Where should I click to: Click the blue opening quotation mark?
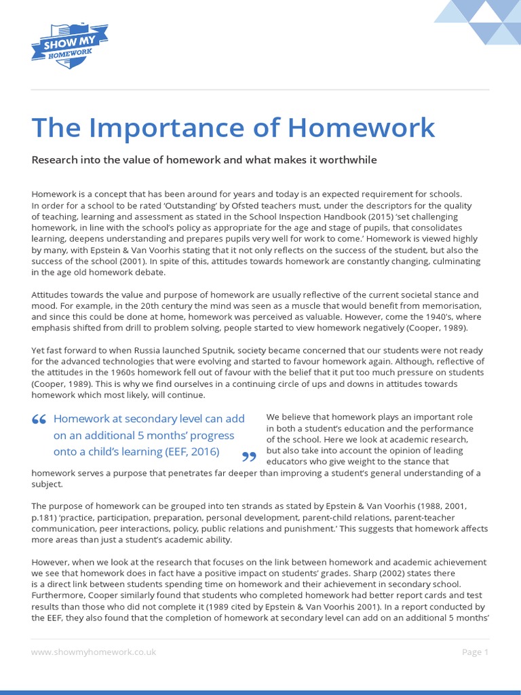[x=39, y=421]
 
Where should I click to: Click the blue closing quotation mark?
[x=250, y=456]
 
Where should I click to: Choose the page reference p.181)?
[x=48, y=518]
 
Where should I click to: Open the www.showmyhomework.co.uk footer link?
[x=94, y=652]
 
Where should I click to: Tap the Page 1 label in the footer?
[x=475, y=652]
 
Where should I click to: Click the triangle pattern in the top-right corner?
[x=478, y=22]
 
